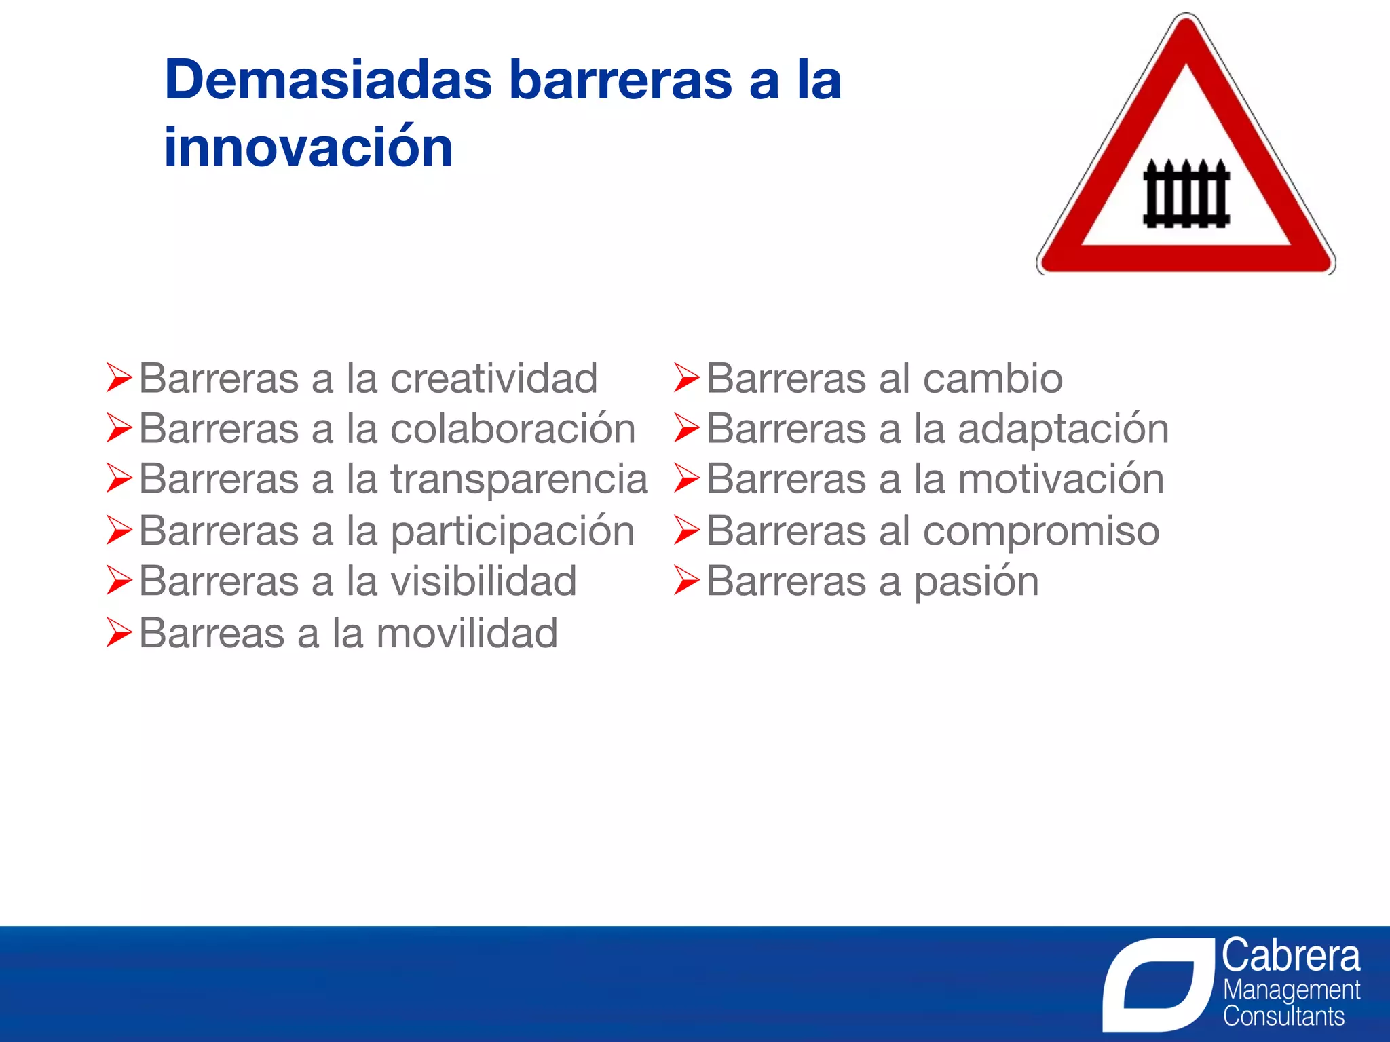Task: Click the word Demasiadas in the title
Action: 328,80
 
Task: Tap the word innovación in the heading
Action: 308,147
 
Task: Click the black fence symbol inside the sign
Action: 1186,194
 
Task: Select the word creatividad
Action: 493,379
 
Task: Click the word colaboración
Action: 512,429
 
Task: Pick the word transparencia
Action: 519,480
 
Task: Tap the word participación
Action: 512,531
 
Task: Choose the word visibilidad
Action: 483,582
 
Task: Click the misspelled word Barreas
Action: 211,634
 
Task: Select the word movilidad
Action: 466,634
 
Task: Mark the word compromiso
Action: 1041,531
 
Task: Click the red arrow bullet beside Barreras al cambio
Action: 686,378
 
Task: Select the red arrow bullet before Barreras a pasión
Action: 686,581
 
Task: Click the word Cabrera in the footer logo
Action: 1290,956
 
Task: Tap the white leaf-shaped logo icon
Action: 1157,984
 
